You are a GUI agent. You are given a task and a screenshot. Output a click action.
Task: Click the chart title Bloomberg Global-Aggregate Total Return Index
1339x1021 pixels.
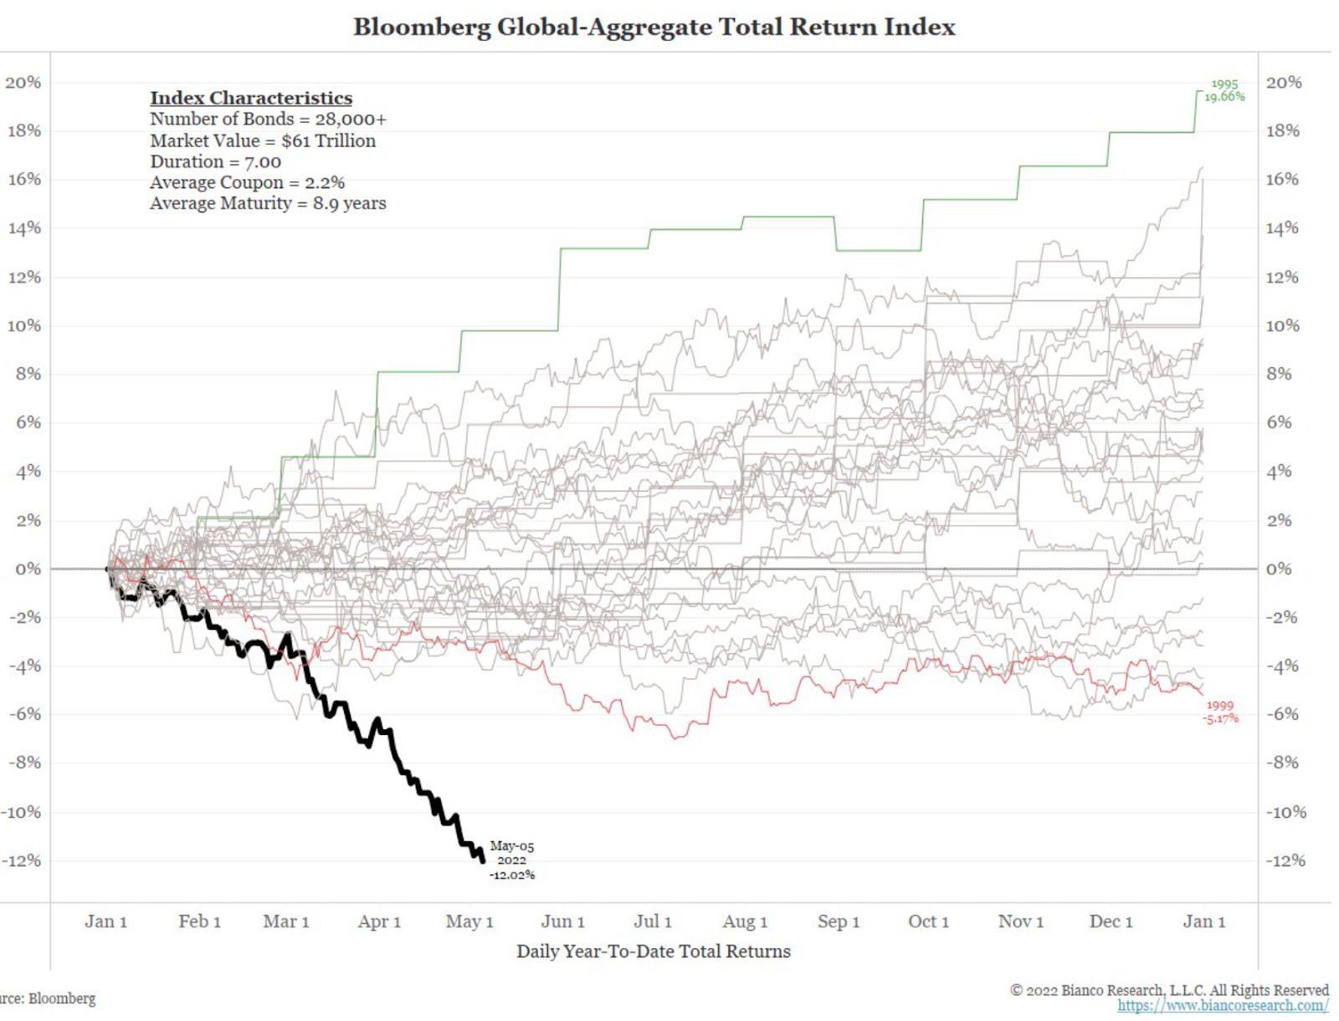pos(654,27)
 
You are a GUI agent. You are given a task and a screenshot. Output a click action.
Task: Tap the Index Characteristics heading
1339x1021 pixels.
pos(251,98)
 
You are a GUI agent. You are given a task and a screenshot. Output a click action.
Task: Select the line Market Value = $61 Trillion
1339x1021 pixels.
pos(263,140)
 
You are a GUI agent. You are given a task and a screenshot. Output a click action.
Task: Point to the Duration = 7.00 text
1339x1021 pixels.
pos(215,161)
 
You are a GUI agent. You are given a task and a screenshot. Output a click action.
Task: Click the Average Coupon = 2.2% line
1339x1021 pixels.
pos(247,182)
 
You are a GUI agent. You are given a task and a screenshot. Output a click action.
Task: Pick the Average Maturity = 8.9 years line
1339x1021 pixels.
pos(268,203)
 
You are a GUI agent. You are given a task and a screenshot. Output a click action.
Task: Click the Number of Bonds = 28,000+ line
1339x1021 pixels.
pos(268,119)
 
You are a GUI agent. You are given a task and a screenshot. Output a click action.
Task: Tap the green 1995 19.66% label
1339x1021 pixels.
pos(1224,90)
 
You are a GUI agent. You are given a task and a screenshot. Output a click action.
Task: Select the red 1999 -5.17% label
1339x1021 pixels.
pos(1220,712)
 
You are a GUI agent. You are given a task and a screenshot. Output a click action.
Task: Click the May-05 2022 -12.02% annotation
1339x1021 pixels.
pos(511,860)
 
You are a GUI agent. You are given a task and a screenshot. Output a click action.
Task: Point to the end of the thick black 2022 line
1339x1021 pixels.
pos(483,860)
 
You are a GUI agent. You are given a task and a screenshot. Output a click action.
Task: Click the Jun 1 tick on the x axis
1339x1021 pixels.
pos(562,921)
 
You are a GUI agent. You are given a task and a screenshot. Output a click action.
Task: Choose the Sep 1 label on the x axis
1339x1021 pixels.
pos(839,921)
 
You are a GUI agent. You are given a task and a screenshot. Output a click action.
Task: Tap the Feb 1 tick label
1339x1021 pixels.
pos(199,921)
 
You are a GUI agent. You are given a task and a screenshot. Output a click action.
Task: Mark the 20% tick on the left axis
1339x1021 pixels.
pos(23,82)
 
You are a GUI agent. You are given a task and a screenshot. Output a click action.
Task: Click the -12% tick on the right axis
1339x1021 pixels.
pos(1285,860)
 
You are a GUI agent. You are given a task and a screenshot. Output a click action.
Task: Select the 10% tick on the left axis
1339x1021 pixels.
pos(23,325)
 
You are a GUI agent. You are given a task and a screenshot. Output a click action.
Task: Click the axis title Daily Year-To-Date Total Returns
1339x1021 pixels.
pos(653,951)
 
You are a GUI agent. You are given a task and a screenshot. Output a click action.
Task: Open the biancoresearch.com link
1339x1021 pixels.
pos(1223,1005)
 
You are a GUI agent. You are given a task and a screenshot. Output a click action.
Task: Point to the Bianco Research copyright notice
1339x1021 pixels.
pos(1169,990)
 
